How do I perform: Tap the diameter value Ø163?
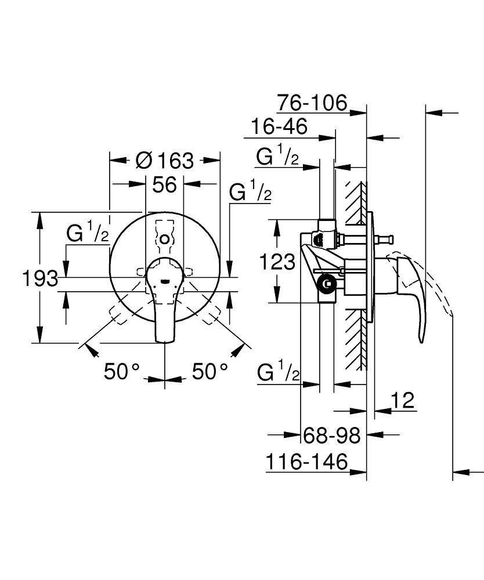coord(165,160)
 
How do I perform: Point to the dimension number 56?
coord(164,185)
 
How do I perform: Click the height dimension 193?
coord(40,279)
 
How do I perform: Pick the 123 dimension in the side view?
coord(276,262)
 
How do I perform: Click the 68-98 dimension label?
coord(332,435)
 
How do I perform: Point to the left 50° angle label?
coord(122,371)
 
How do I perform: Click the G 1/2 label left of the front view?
coord(88,234)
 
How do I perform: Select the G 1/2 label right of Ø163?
coord(250,193)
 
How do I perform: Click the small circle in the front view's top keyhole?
coord(165,239)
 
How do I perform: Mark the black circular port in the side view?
coord(327,284)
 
